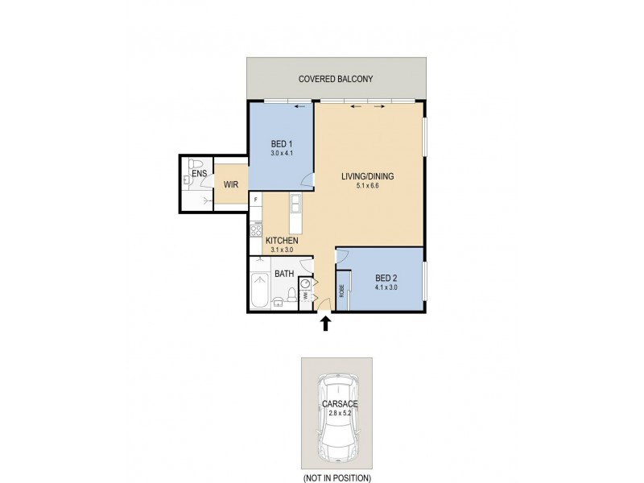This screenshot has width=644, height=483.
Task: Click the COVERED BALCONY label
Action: click(x=336, y=78)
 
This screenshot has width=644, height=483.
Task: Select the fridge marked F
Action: click(x=255, y=198)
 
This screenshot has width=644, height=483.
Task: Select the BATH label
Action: click(x=283, y=274)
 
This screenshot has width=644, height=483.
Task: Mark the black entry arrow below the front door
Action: click(x=326, y=324)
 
